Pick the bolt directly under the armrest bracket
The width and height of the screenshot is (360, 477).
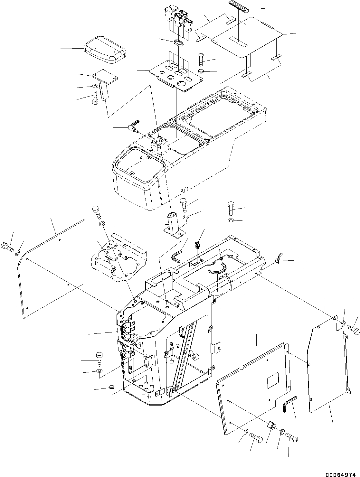click(95, 97)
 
